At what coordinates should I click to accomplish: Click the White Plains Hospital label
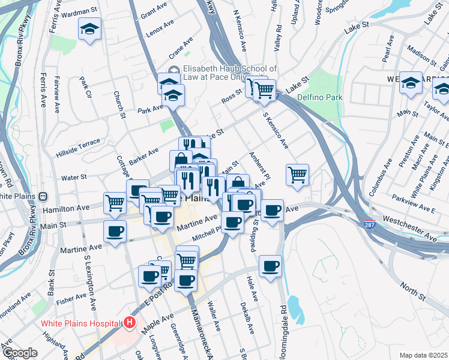[81, 323]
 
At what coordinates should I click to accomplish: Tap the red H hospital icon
[130, 323]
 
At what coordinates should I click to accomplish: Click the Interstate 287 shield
[370, 224]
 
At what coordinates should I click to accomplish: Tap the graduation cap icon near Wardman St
[89, 29]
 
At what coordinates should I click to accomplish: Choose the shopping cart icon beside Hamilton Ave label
[114, 202]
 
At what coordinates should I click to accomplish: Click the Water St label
[74, 177]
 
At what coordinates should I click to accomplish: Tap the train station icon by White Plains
[43, 196]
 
